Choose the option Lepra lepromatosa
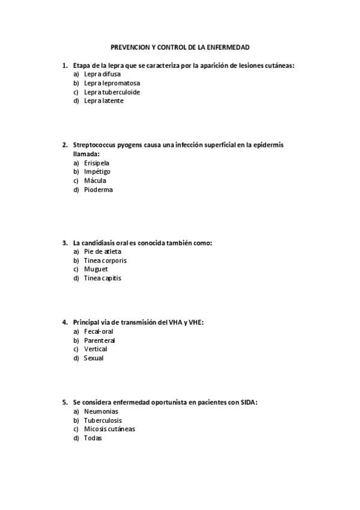point(112,83)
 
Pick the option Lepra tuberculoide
point(112,92)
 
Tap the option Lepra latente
point(103,101)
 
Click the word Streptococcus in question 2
point(95,145)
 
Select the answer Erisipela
point(97,162)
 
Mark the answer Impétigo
point(97,171)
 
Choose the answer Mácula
point(96,180)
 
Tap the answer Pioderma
point(98,189)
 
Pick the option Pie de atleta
point(102,251)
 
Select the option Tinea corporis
point(105,260)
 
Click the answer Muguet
point(96,269)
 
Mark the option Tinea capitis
point(102,278)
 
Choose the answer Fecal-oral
point(99,331)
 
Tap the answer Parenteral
point(99,340)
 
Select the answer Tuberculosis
point(103,420)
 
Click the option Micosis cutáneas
point(109,429)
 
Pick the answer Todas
point(93,438)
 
